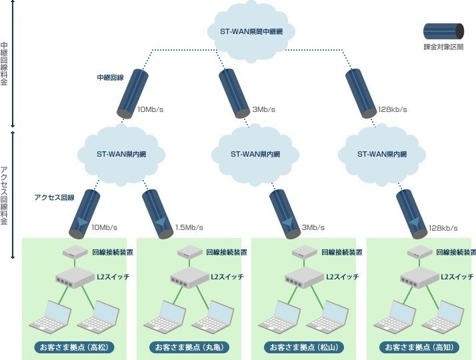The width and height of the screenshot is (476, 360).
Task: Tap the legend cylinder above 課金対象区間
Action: point(443,31)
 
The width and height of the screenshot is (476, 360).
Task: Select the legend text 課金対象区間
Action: point(443,49)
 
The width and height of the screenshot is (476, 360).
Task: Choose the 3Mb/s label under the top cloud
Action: point(264,109)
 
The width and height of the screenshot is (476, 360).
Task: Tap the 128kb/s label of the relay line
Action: point(392,109)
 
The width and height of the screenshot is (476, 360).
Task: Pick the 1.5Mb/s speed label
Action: point(189,228)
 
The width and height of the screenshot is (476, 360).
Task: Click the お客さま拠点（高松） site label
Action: point(74,347)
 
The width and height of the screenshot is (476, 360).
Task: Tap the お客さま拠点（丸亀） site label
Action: point(189,347)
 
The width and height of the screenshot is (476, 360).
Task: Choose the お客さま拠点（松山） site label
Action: point(304,347)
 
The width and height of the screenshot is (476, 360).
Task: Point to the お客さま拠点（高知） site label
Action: point(419,347)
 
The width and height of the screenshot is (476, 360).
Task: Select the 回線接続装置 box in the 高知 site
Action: point(420,252)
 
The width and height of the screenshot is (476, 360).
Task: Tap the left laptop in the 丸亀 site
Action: point(163,316)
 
